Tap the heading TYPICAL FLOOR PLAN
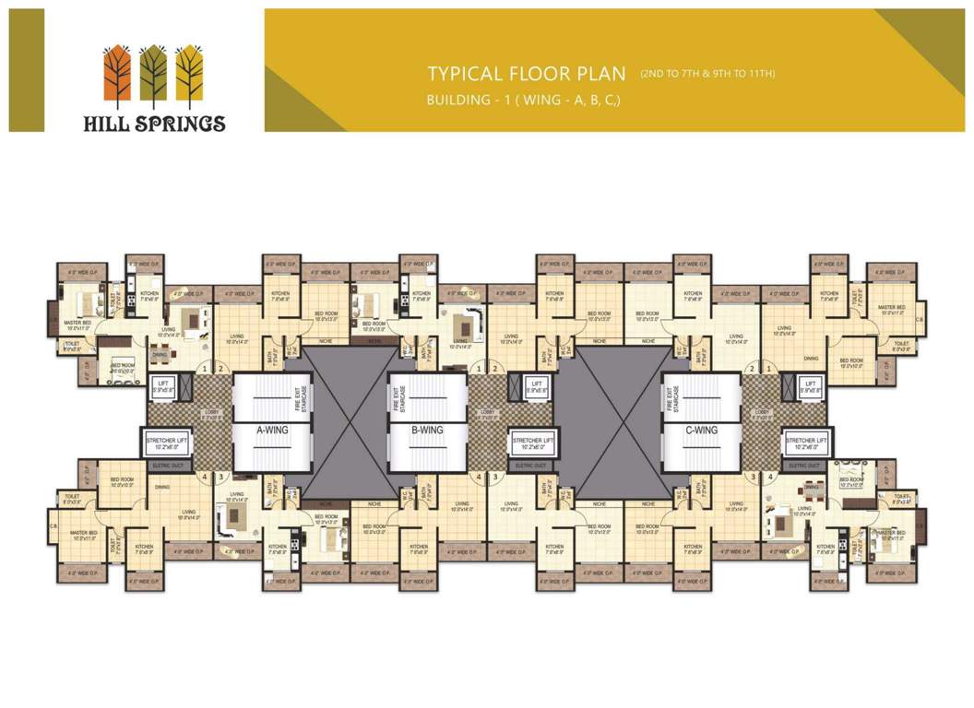[x=521, y=74]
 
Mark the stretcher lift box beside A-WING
[x=168, y=442]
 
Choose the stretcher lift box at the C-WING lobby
[x=806, y=442]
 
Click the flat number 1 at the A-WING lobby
[x=204, y=369]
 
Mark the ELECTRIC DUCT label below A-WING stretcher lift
[x=168, y=466]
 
